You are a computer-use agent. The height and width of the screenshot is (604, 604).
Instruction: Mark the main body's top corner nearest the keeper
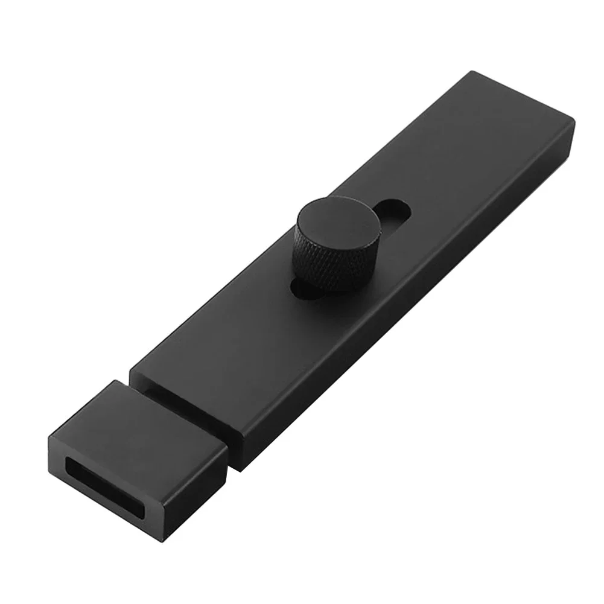pos(132,370)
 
